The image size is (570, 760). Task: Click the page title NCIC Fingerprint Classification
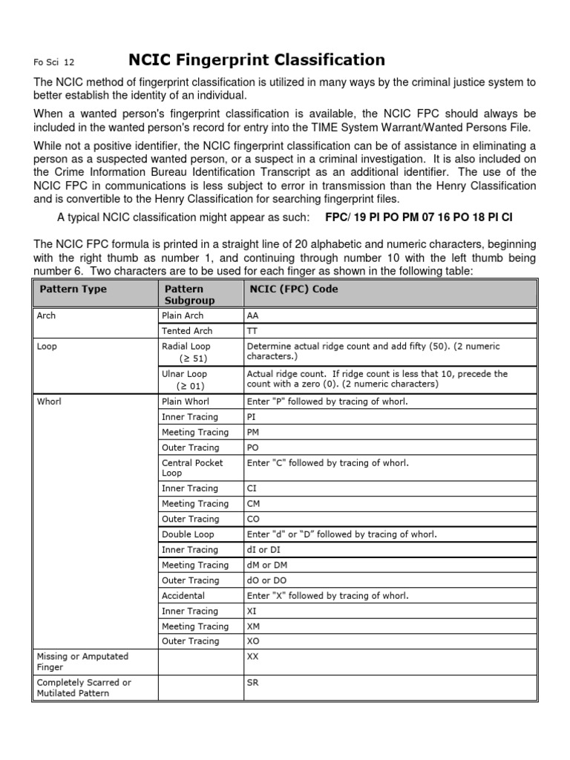tap(258, 60)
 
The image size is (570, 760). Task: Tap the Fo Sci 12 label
tap(53, 63)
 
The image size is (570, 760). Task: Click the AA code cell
tap(253, 315)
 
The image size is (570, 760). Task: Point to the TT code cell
tap(252, 331)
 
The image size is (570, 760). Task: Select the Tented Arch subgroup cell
tap(187, 331)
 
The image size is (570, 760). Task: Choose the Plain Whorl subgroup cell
tap(186, 402)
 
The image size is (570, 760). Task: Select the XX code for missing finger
tap(253, 657)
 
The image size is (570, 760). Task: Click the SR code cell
tap(252, 682)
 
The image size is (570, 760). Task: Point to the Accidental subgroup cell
tap(183, 595)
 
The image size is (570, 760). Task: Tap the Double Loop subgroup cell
tap(188, 534)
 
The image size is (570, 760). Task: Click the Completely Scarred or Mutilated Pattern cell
tap(84, 687)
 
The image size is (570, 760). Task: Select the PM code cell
tap(253, 432)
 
